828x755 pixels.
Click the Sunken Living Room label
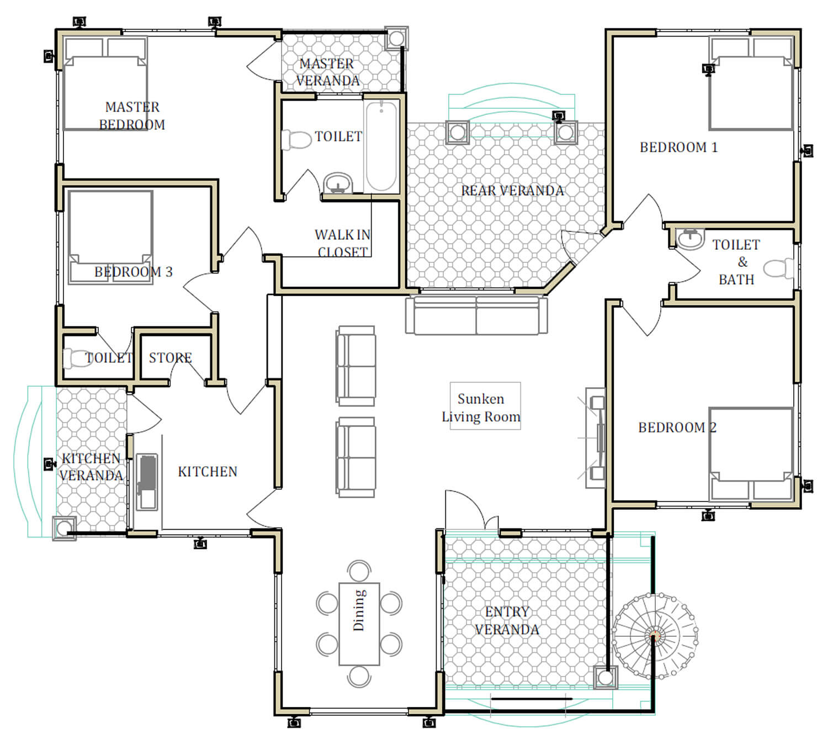coord(481,408)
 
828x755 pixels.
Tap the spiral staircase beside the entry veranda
coord(655,636)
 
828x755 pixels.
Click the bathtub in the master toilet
coord(381,146)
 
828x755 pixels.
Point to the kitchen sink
coord(147,482)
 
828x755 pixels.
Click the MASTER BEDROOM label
coord(132,115)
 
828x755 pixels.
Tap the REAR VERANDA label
coord(512,191)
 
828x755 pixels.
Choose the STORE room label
coord(170,358)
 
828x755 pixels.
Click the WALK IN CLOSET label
coord(342,243)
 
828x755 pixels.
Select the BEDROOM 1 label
coord(678,147)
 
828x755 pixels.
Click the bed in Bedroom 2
coord(751,454)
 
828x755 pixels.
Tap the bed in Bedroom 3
coord(110,237)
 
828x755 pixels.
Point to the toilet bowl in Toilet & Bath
coord(778,268)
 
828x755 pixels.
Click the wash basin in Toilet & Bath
coord(690,239)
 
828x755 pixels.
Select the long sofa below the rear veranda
coord(476,315)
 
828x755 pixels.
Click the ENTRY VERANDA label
coord(507,620)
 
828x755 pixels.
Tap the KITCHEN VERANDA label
coord(91,467)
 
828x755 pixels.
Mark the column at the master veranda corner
coord(396,39)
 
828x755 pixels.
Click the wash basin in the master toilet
coord(338,183)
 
